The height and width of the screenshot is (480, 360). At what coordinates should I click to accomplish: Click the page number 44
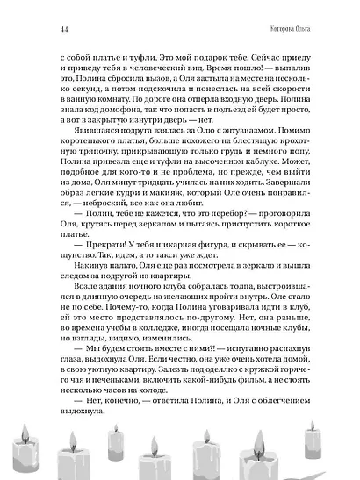pos(41,12)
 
